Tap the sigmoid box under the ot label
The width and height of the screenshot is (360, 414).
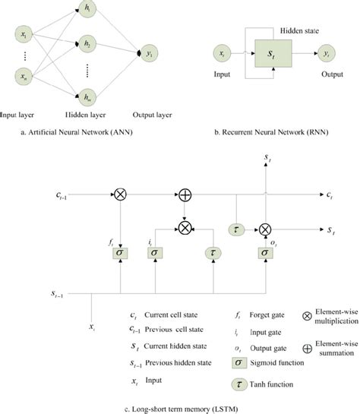[266, 252]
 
